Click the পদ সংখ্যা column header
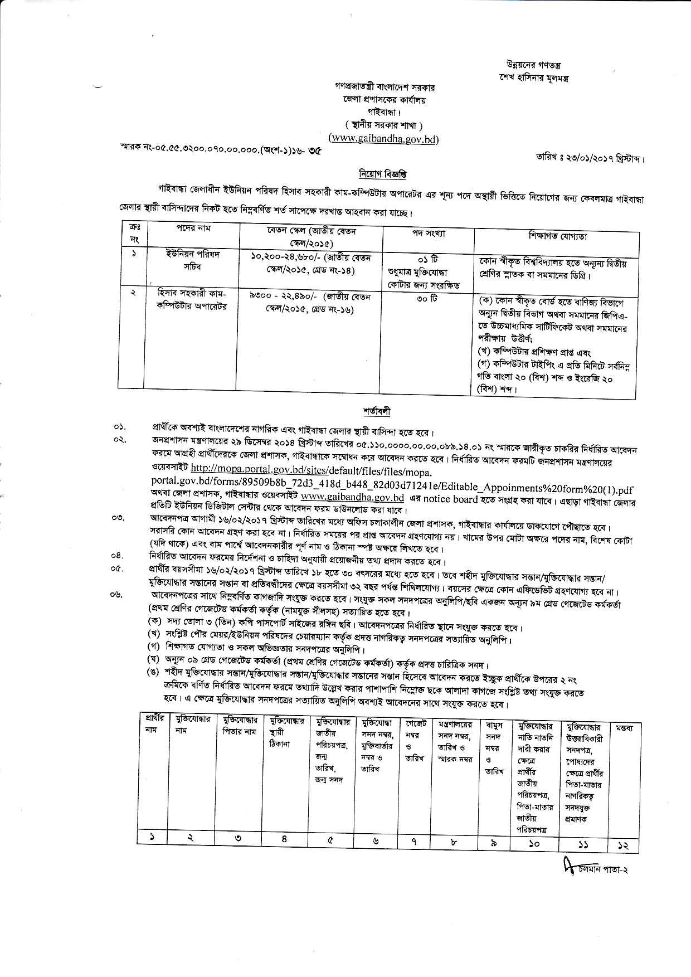tap(428, 233)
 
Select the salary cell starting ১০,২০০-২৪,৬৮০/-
tap(311, 264)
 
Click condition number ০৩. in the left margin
tap(118, 518)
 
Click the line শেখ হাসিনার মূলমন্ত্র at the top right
tap(533, 77)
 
